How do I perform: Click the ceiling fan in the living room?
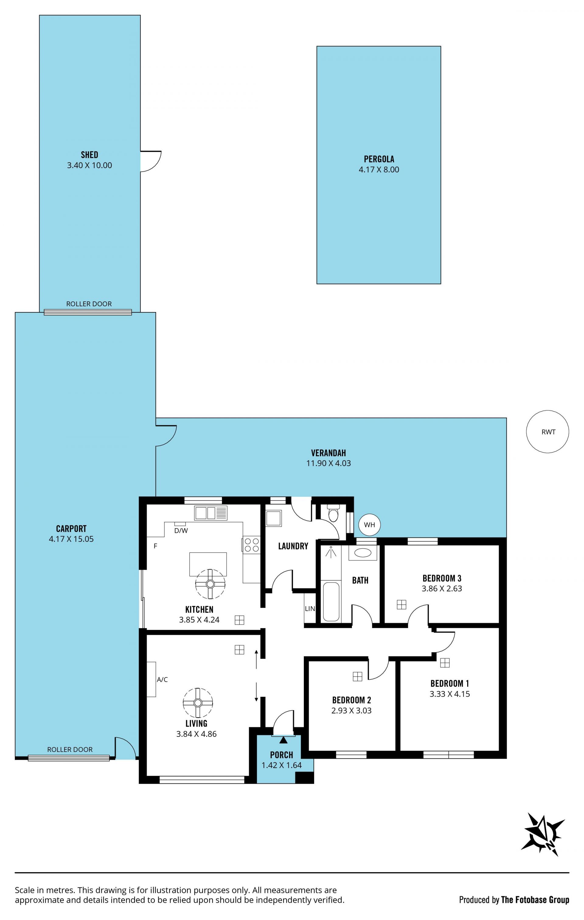pyautogui.click(x=198, y=703)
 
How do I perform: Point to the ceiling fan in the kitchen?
pyautogui.click(x=210, y=584)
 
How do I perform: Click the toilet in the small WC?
pyautogui.click(x=333, y=513)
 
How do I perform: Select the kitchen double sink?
pyautogui.click(x=210, y=513)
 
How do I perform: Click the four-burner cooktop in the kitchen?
pyautogui.click(x=251, y=545)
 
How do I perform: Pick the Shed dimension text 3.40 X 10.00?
pyautogui.click(x=89, y=165)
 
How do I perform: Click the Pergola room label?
pyautogui.click(x=379, y=159)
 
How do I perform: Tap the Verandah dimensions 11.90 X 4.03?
pyautogui.click(x=328, y=463)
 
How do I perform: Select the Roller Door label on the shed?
pyautogui.click(x=89, y=304)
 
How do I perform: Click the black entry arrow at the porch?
pyautogui.click(x=283, y=740)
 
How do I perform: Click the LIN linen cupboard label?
pyautogui.click(x=310, y=609)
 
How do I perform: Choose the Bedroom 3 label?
pyautogui.click(x=442, y=578)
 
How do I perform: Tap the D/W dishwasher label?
pyautogui.click(x=181, y=531)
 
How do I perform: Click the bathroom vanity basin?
pyautogui.click(x=363, y=553)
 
